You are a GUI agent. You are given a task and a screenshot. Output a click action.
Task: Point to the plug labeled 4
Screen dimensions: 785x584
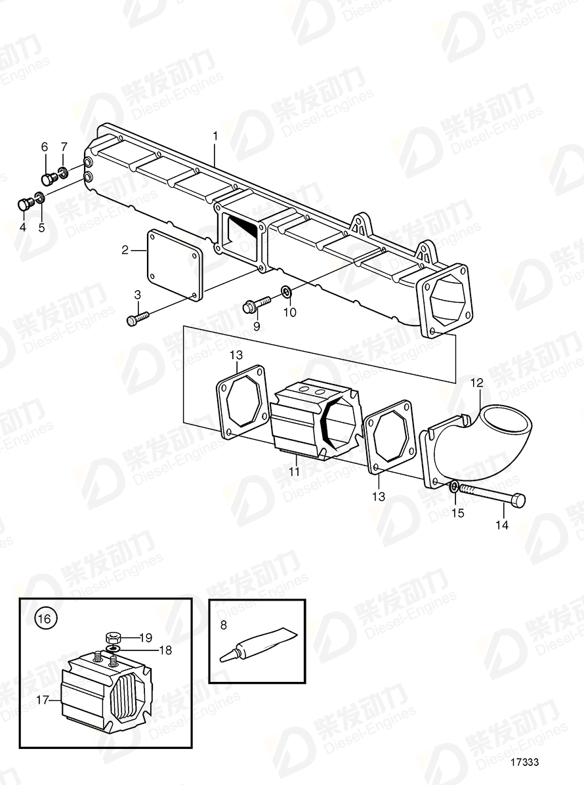[25, 204]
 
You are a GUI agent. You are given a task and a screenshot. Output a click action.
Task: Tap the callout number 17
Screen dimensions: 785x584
[43, 700]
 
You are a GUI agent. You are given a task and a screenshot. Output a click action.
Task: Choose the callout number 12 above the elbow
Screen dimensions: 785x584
[476, 381]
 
